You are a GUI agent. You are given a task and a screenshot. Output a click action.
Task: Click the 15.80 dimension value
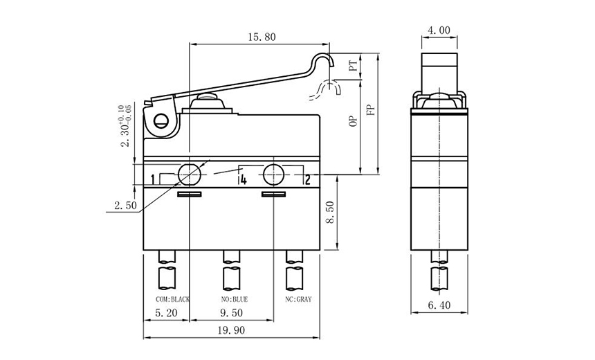(260, 37)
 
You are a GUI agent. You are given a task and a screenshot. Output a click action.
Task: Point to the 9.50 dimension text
(230, 313)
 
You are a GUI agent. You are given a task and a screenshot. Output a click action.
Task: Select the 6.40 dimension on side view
(439, 305)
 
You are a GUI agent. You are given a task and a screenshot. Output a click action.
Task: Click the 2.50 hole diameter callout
(125, 206)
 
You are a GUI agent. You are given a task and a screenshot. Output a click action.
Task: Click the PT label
(353, 66)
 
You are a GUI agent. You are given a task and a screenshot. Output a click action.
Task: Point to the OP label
(353, 121)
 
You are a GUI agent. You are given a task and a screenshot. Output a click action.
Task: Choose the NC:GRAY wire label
(299, 299)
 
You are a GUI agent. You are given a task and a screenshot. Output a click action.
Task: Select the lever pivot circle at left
(161, 123)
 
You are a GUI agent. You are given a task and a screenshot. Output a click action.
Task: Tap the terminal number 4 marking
(243, 181)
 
